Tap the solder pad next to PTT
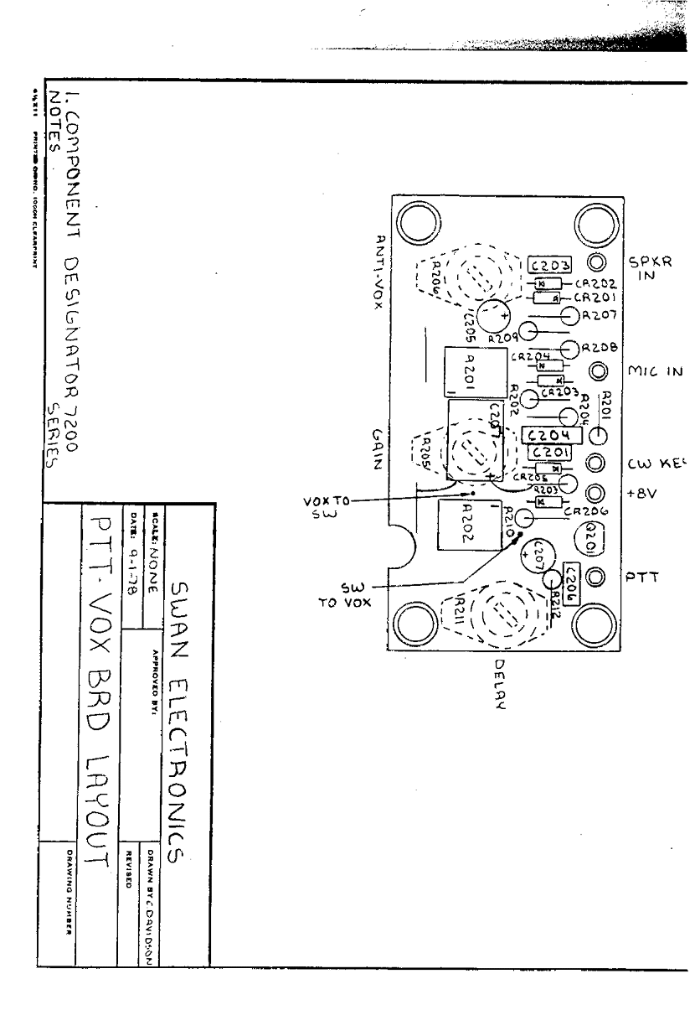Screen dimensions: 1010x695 596,577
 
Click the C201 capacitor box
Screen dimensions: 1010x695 549,453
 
